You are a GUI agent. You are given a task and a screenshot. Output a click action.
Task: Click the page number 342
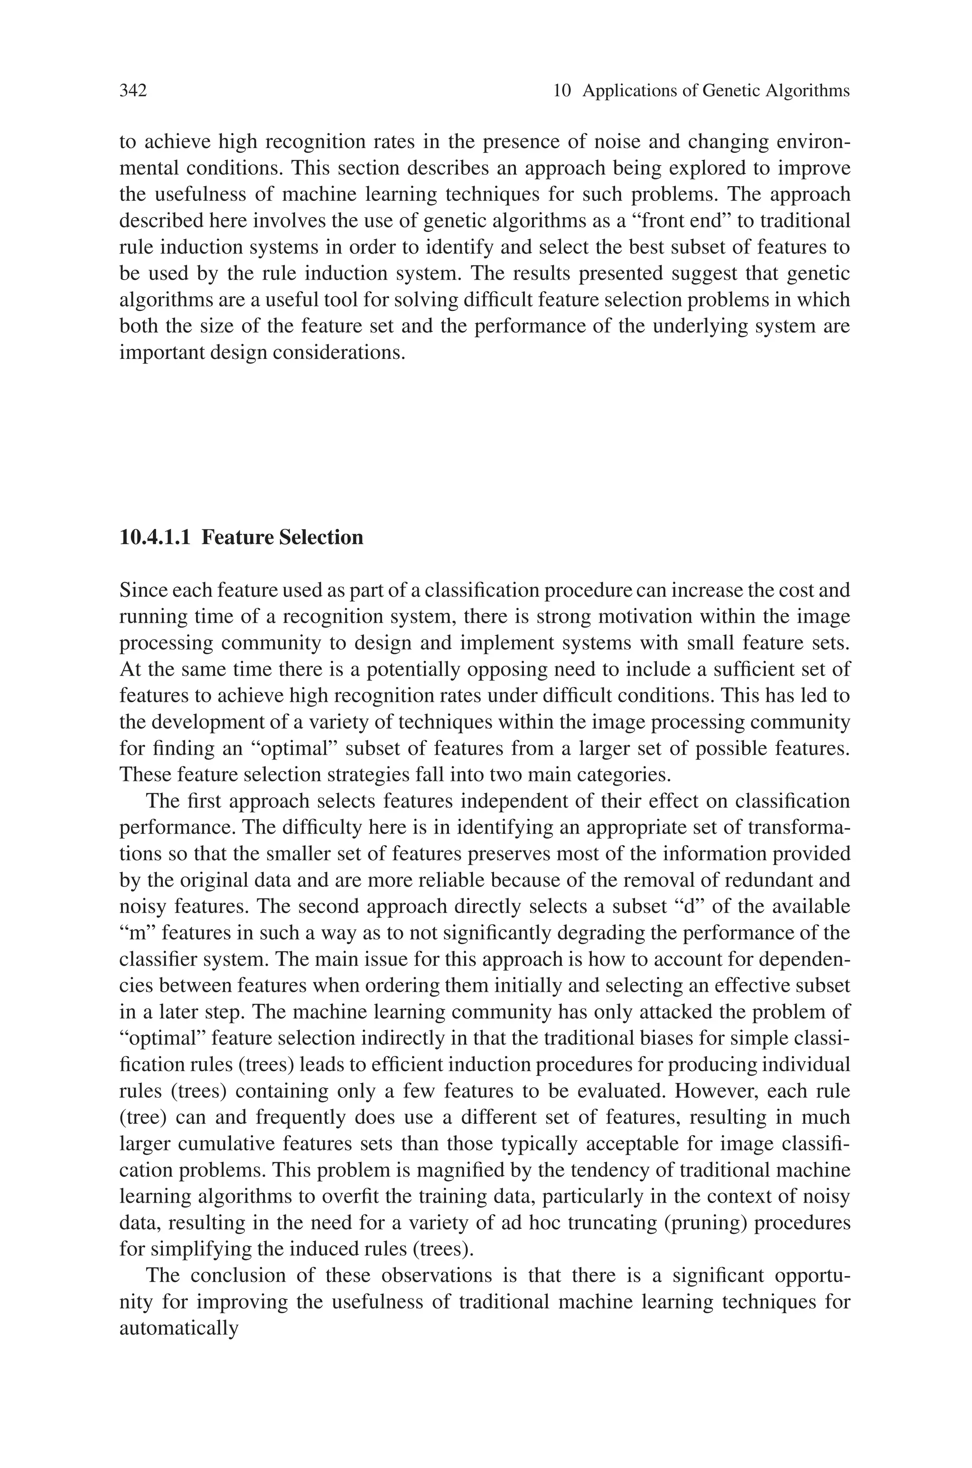click(x=133, y=91)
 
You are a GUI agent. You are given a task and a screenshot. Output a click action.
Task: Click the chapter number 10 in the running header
click(x=561, y=91)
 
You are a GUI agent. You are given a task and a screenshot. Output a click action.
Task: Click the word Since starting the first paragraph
click(x=142, y=590)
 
